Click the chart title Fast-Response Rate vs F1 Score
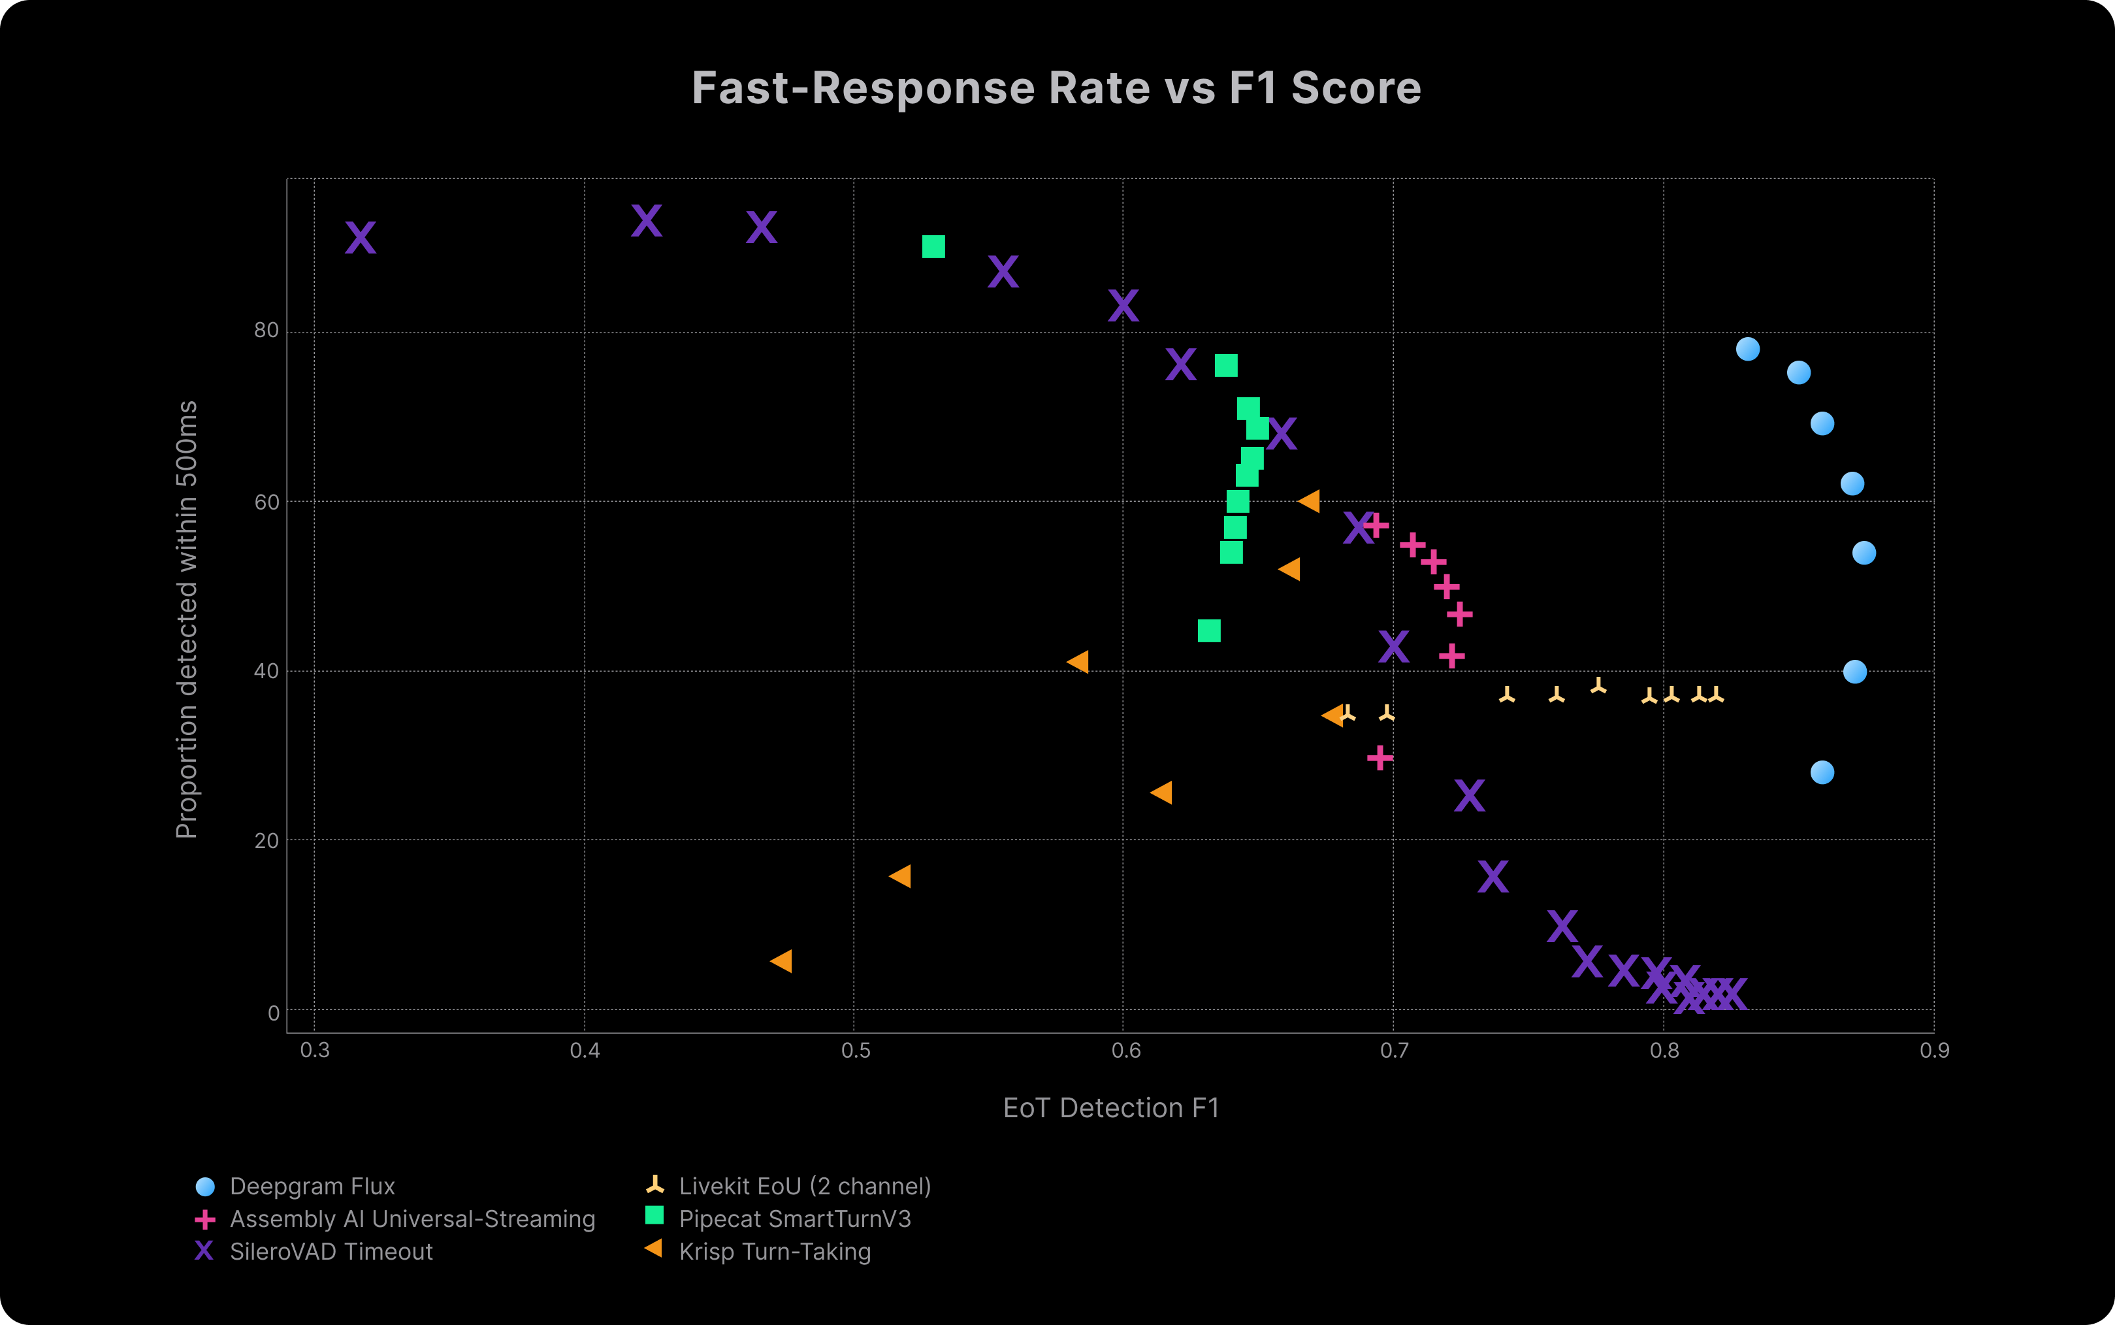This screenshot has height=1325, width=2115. coord(1056,88)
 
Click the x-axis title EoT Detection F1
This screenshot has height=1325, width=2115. coord(1111,1109)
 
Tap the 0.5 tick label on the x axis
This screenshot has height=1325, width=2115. coord(855,1051)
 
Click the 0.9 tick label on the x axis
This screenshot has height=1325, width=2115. coord(1933,1051)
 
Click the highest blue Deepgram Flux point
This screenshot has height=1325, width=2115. coord(1747,349)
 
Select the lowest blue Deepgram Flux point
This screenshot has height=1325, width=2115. coord(1822,772)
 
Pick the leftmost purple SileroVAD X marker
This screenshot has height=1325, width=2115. coord(360,238)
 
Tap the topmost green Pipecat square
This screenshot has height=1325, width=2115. coord(933,247)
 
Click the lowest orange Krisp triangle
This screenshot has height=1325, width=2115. coord(781,961)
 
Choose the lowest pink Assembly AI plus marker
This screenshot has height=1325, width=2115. coord(1379,757)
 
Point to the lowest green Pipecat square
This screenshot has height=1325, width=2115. coord(1208,631)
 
